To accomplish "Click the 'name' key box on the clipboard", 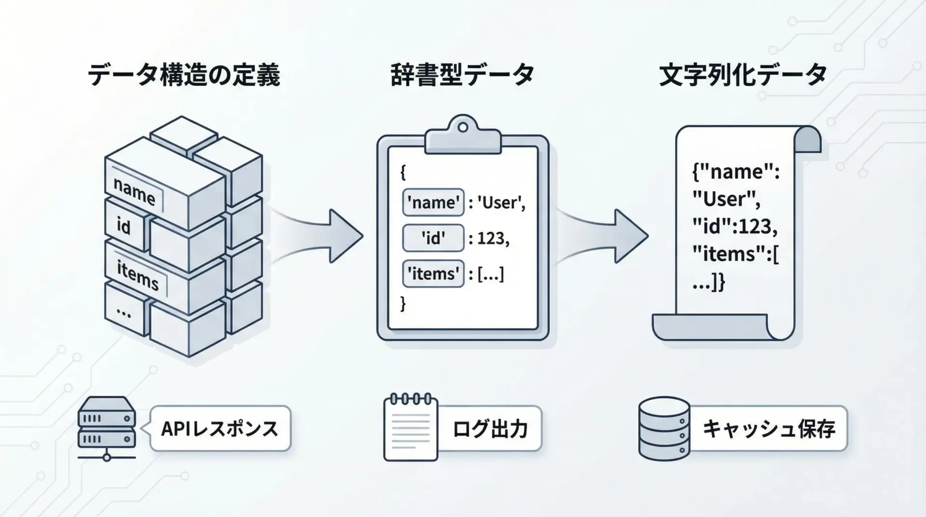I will click(433, 202).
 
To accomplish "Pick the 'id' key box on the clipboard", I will click(433, 238).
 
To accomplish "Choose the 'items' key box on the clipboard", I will click(433, 273).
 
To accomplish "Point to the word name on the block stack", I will click(134, 191).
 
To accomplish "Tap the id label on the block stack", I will click(123, 226).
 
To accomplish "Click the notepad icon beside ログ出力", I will click(410, 428).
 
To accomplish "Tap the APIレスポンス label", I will click(220, 429).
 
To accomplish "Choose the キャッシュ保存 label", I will click(768, 429).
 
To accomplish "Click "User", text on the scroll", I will click(726, 199).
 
